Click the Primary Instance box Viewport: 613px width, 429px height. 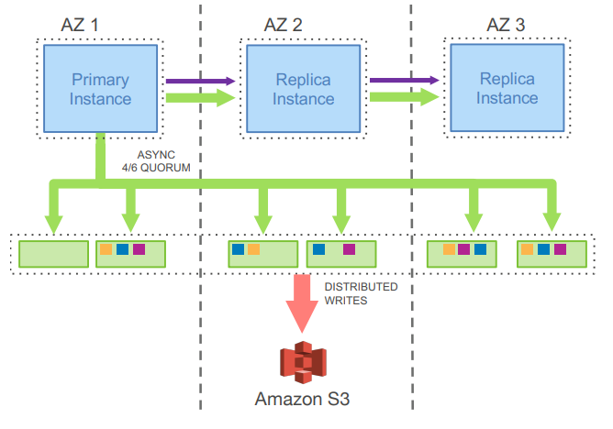[x=100, y=88]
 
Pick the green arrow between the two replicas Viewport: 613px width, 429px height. [x=404, y=96]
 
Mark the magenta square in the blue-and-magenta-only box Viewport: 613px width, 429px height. [x=349, y=248]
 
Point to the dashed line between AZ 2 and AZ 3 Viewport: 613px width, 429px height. [x=410, y=183]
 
